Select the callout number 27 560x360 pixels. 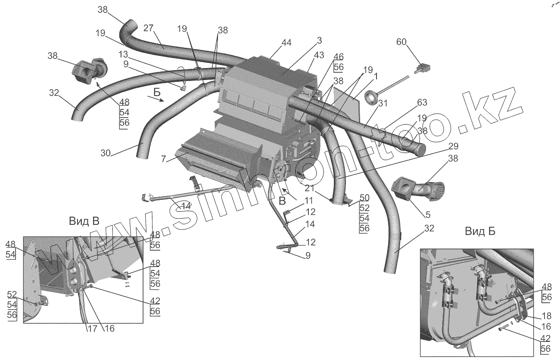[148, 29]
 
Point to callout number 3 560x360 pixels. [319, 40]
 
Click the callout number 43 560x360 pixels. [319, 56]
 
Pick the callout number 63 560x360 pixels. [422, 102]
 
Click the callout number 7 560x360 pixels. [163, 159]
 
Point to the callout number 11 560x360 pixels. [309, 200]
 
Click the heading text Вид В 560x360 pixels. [84, 221]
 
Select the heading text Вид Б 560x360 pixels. [480, 231]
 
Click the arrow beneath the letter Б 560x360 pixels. [155, 99]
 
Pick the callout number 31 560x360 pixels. [383, 103]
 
